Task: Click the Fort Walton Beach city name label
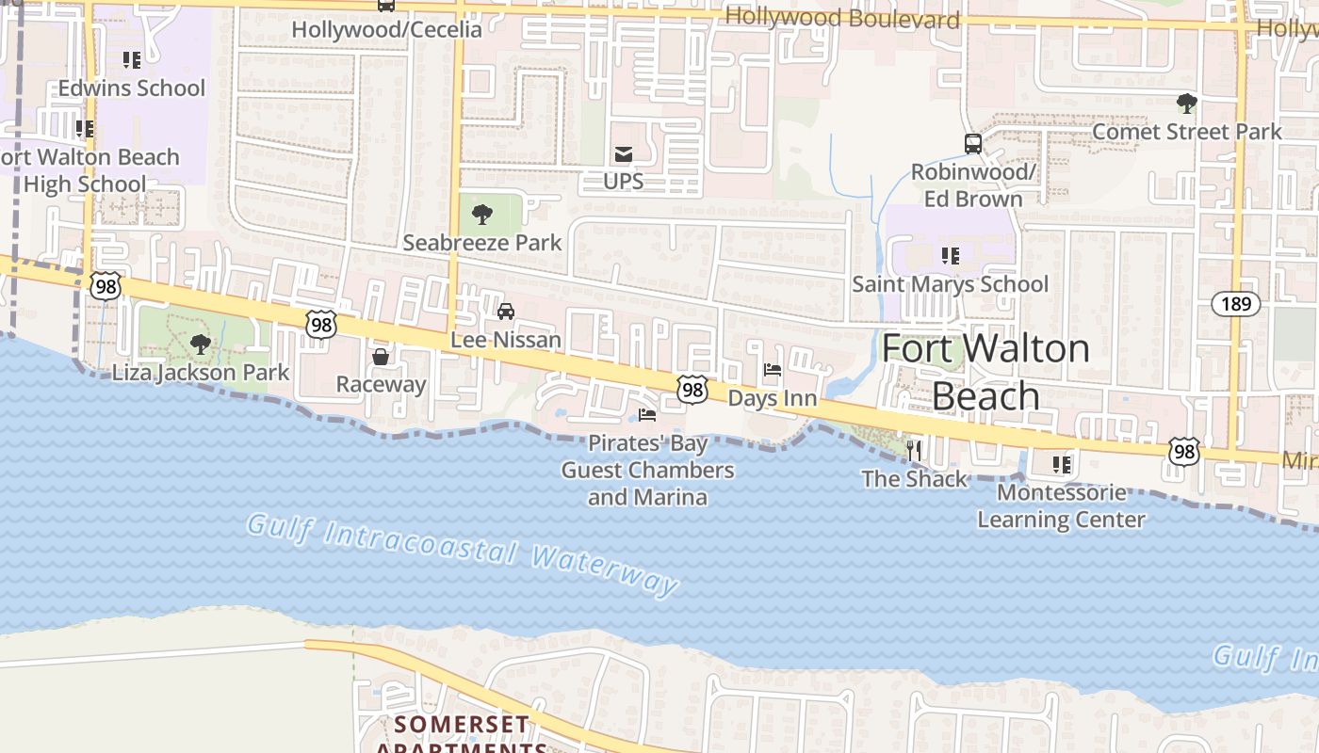click(985, 373)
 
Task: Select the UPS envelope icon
click(623, 154)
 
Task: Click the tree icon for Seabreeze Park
click(482, 215)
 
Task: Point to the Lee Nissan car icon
click(506, 312)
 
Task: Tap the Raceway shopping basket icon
click(381, 357)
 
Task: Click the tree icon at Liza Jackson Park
click(200, 344)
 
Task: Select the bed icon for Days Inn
click(773, 371)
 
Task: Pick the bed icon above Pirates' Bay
click(647, 414)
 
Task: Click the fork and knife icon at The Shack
click(913, 451)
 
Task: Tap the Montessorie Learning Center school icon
click(1062, 465)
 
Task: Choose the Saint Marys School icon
click(951, 255)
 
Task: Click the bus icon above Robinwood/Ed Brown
click(973, 144)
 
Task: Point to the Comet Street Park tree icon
click(1186, 103)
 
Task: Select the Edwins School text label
click(132, 88)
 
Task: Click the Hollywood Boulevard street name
click(842, 19)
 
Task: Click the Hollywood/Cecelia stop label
click(386, 29)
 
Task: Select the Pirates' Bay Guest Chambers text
click(647, 470)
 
